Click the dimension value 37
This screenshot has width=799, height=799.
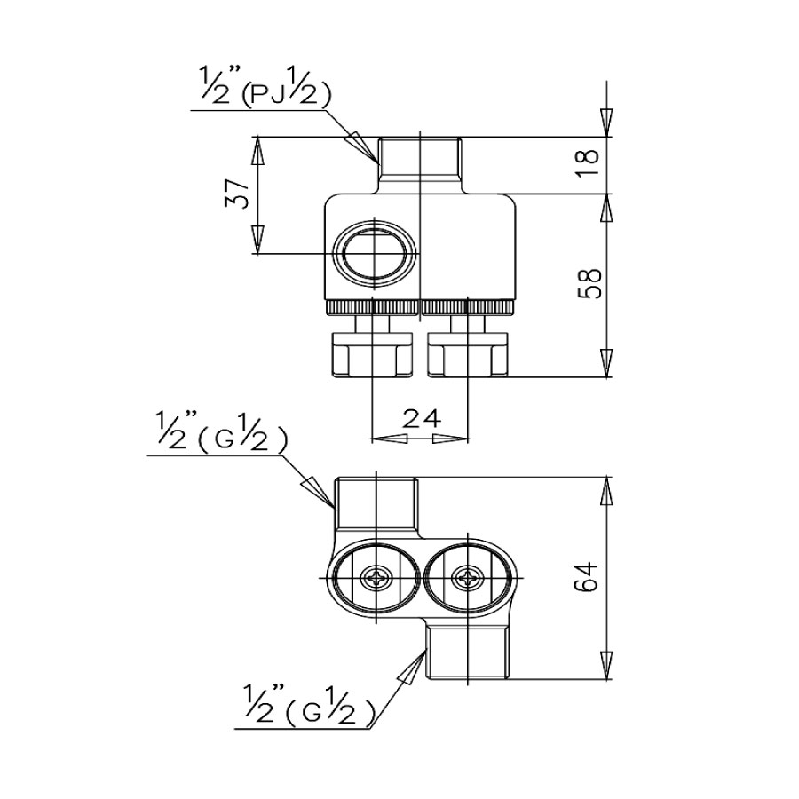pos(236,194)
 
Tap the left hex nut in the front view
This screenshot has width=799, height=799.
pos(370,355)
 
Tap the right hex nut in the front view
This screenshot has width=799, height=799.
pos(466,355)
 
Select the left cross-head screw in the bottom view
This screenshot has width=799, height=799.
pos(377,579)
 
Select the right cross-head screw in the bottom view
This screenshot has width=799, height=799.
pos(465,579)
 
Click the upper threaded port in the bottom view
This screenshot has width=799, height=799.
pos(377,503)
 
